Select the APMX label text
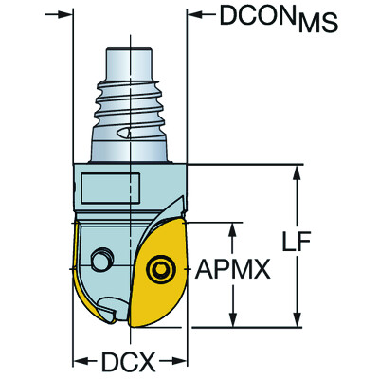click(x=234, y=273)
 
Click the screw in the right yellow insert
click(x=158, y=271)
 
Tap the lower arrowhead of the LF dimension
click(x=300, y=322)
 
